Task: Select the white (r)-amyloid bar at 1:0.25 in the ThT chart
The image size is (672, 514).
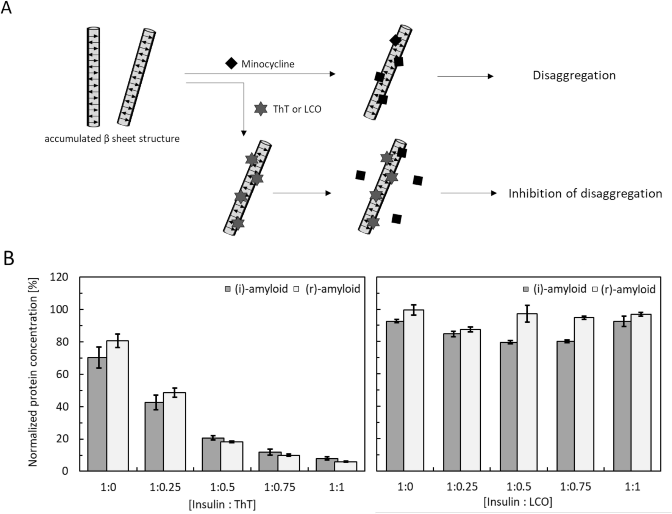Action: coord(174,432)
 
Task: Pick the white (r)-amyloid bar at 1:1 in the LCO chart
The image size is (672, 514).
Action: coord(641,392)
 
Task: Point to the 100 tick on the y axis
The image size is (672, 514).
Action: coord(59,309)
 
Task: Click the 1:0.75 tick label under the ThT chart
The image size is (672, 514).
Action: coord(279,487)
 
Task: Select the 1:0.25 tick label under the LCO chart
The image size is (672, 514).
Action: coord(462,487)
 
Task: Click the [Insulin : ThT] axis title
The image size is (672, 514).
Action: coord(222,505)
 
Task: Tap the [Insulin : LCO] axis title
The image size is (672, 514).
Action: coord(518,502)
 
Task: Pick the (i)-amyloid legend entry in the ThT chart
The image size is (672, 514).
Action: coord(256,289)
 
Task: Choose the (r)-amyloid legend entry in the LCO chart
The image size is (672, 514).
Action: coord(624,290)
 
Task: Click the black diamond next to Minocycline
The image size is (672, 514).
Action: coord(231,63)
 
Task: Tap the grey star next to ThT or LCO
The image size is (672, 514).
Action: coord(260,109)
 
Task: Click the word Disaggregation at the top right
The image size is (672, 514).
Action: coord(574,75)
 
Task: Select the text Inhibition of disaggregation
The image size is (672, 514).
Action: coord(585,194)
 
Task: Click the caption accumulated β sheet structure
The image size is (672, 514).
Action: coord(112,139)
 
